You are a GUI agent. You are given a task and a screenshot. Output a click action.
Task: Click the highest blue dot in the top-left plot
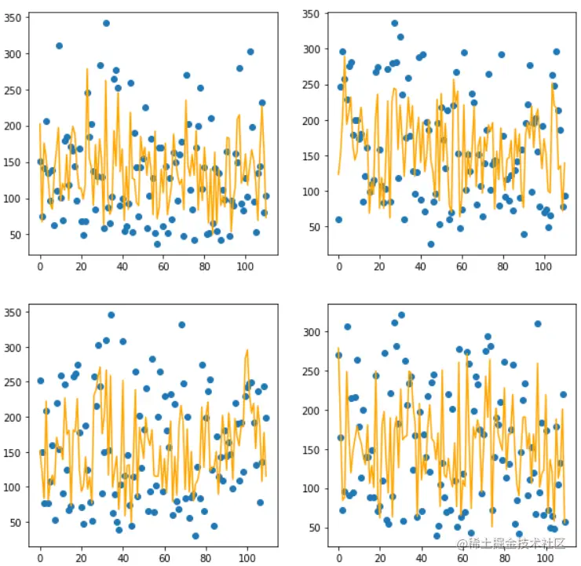[106, 23]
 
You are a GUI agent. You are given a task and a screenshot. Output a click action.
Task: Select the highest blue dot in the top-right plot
[394, 24]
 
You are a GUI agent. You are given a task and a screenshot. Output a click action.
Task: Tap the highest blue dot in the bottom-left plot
[111, 315]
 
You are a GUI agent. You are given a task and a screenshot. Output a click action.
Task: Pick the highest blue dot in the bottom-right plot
[401, 315]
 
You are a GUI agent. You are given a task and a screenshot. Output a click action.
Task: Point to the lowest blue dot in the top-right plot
[430, 244]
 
